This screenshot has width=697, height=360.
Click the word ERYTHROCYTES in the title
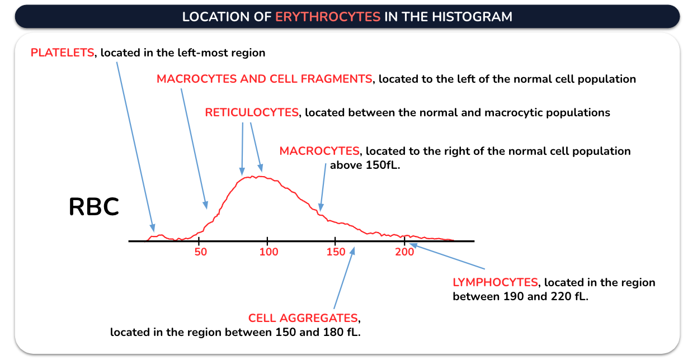[328, 17]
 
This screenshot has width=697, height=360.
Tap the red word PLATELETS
[62, 53]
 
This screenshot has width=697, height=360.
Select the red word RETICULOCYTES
[252, 112]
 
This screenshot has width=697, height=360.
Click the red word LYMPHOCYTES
[495, 282]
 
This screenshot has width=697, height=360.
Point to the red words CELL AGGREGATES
[303, 318]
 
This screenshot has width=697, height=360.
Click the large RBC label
[93, 207]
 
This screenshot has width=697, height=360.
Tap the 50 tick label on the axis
[201, 252]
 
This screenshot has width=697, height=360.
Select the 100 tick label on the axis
[269, 252]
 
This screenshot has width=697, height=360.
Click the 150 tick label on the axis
[336, 252]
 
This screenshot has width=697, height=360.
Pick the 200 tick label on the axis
[404, 252]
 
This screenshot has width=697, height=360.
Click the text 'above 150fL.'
[365, 165]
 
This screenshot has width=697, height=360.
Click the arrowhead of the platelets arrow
[153, 228]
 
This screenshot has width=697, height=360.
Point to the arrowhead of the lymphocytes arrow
[413, 245]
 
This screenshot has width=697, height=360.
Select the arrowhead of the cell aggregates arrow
[352, 251]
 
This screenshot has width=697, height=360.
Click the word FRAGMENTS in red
[337, 79]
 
